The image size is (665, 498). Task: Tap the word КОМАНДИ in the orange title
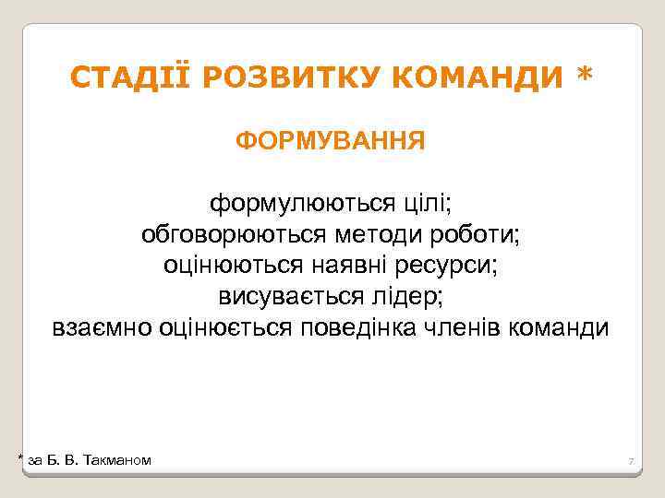coord(478,79)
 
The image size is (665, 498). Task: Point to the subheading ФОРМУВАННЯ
coord(331,141)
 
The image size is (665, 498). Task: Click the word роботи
coord(481,234)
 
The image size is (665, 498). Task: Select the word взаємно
coord(101,328)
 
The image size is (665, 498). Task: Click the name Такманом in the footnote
coord(117,459)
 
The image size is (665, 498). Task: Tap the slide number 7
coord(630,460)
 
